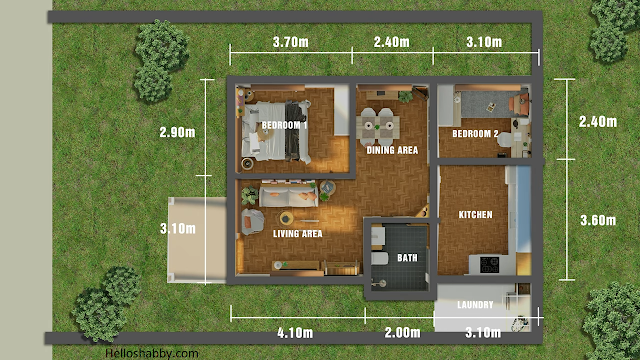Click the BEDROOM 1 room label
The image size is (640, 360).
(284, 125)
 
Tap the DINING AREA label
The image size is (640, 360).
(392, 150)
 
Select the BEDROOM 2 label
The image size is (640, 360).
(475, 133)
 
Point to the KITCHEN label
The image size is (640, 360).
(476, 215)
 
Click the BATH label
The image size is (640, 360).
(407, 258)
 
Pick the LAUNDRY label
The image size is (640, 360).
(476, 304)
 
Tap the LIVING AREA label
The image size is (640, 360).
(298, 234)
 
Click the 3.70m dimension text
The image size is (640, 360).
(291, 42)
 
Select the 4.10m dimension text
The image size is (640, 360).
(295, 333)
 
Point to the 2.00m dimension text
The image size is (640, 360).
(402, 333)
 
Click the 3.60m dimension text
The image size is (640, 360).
(598, 220)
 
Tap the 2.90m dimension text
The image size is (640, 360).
(178, 132)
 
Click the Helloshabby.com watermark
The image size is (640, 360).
(152, 353)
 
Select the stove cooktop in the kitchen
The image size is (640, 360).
(489, 264)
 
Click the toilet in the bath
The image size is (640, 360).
(380, 258)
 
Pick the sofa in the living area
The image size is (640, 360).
(289, 196)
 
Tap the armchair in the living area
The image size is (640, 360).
(252, 222)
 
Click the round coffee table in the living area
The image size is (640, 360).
(287, 219)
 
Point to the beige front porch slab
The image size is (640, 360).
(197, 240)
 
